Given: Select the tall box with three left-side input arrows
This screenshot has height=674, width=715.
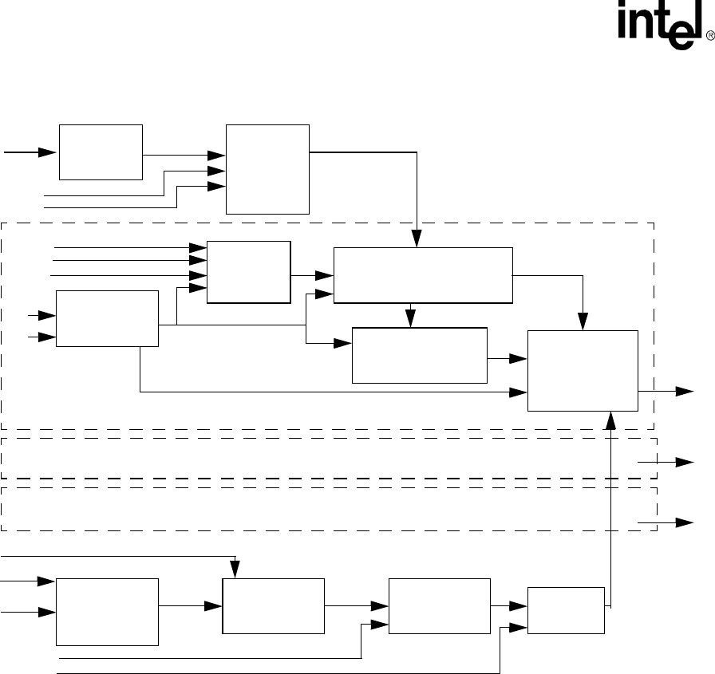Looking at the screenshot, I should point(268,169).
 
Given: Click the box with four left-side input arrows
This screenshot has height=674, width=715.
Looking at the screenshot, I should point(249,272).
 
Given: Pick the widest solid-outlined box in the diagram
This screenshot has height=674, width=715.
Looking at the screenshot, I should point(423,275).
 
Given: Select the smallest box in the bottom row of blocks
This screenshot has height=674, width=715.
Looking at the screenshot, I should point(566,610).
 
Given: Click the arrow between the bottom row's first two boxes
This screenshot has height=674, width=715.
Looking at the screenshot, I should point(192,606).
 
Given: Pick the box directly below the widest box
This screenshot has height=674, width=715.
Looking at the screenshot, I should point(420,355).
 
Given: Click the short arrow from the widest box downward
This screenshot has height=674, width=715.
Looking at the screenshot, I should point(411,316).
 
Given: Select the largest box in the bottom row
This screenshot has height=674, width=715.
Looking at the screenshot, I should point(108,613).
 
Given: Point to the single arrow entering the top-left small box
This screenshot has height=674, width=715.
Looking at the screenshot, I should point(32,151).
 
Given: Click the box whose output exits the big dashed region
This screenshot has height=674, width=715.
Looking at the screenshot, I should point(583,370).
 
